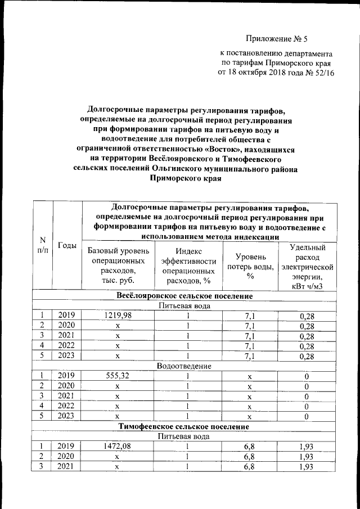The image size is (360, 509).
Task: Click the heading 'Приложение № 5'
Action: point(277,39)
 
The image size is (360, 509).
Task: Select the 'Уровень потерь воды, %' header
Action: point(250,265)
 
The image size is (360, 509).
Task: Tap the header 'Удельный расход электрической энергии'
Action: point(307,266)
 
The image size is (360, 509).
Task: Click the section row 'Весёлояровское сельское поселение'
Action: point(184,296)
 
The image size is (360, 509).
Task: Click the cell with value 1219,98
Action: point(117,316)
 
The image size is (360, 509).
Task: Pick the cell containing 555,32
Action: point(117,376)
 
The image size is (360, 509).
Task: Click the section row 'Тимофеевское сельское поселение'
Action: point(184,427)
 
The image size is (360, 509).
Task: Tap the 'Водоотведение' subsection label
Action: point(184,366)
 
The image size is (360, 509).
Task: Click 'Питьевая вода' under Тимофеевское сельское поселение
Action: point(184,436)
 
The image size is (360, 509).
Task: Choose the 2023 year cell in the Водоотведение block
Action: point(67,416)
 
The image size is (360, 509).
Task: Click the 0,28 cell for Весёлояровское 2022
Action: point(307,346)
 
